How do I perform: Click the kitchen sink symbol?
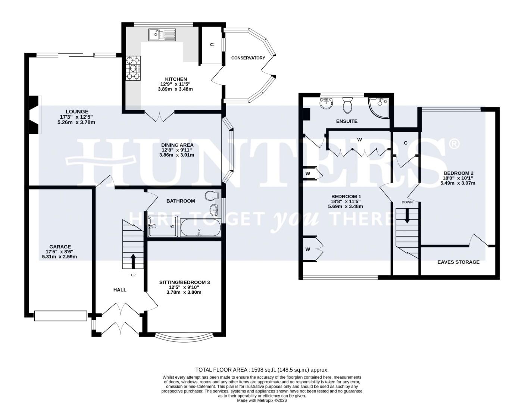[x=162, y=35]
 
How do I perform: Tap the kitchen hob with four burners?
[x=134, y=68]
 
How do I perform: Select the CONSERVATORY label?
[x=248, y=58]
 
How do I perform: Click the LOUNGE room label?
[x=77, y=111]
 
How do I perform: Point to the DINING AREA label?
[x=177, y=145]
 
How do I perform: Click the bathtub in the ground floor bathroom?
[x=200, y=228]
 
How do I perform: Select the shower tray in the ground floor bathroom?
[x=163, y=227]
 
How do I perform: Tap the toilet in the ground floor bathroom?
[x=212, y=196]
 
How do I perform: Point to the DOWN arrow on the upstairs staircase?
[x=407, y=215]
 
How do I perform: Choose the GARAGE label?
[x=60, y=247]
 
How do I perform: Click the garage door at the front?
[x=60, y=316]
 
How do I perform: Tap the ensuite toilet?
[x=347, y=105]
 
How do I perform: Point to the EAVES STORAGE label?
[x=458, y=262]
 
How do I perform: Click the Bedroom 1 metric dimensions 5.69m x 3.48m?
[x=345, y=206]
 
